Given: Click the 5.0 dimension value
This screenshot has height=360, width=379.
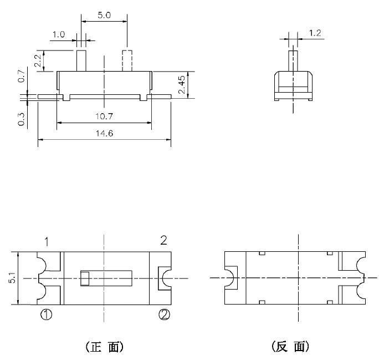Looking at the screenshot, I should point(104,16).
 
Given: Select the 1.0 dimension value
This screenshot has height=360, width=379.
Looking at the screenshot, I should point(58,35).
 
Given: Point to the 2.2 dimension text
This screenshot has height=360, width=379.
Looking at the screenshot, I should point(37,60).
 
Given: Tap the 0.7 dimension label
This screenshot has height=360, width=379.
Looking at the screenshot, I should point(22,77).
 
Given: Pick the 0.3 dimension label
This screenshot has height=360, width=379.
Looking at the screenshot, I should point(22,119).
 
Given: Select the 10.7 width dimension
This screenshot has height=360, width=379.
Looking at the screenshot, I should point(104,116).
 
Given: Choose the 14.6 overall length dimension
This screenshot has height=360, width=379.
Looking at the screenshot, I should point(104,134).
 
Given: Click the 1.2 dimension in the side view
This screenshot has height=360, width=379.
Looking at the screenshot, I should point(315,33).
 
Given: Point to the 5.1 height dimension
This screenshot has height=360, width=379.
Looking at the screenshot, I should point(12,277).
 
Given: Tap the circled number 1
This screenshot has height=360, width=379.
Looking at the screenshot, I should point(47,315).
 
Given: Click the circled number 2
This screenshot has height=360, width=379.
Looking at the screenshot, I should point(164,315).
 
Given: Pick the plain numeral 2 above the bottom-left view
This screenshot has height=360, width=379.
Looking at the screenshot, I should point(163,240).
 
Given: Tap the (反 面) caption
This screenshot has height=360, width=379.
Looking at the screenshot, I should point(290,347).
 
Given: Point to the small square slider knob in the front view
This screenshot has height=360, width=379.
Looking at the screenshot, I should point(85,277).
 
